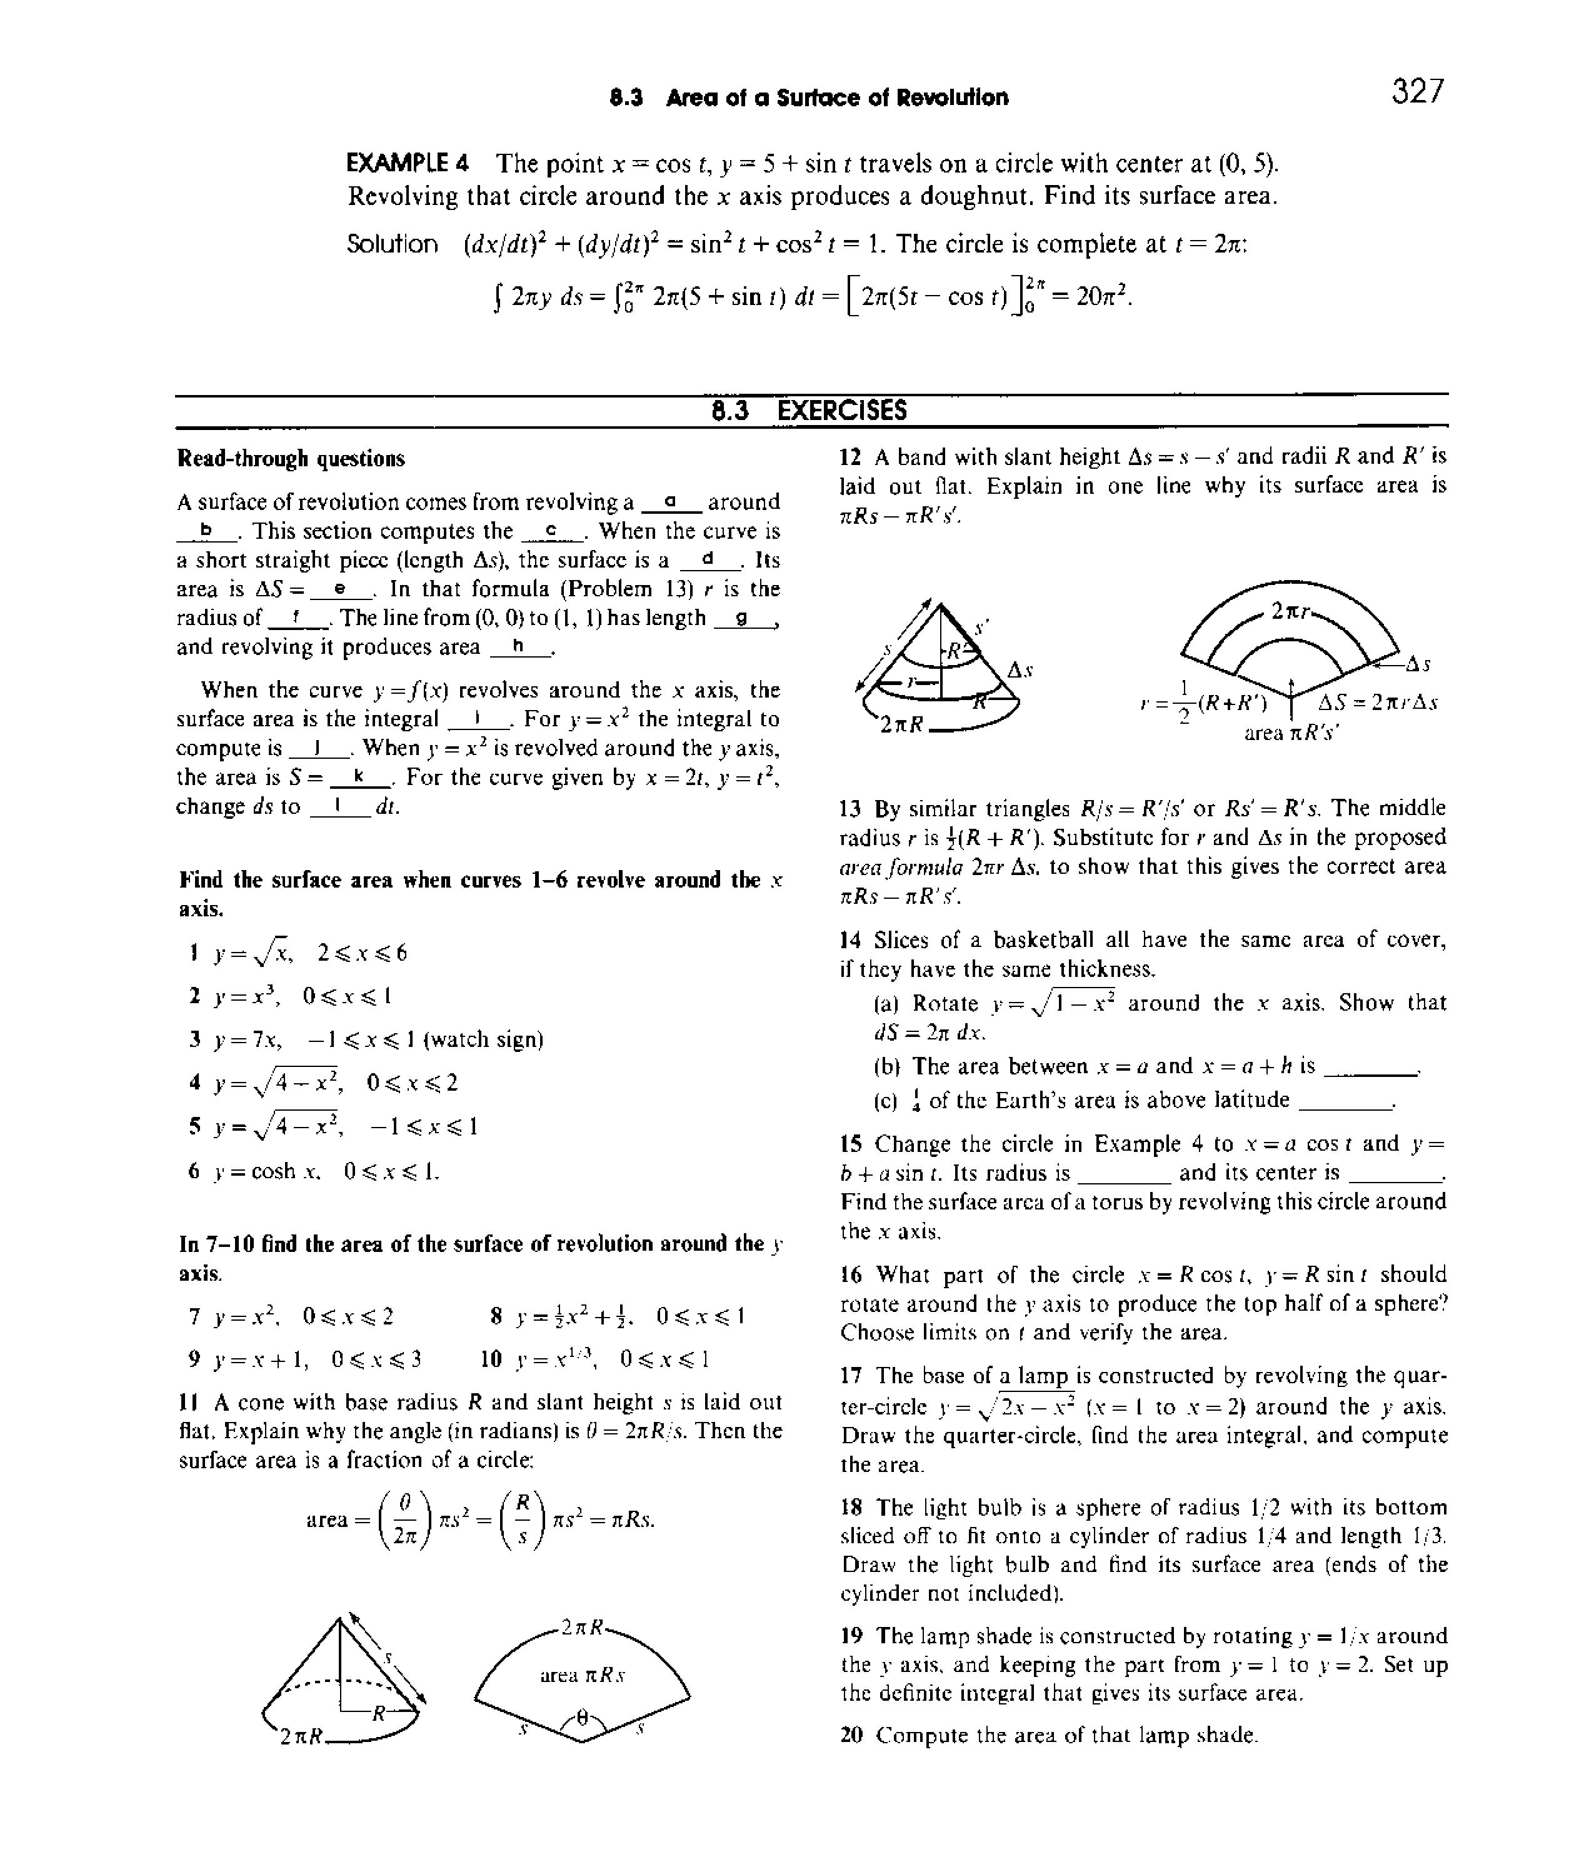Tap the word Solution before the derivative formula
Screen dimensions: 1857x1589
(393, 244)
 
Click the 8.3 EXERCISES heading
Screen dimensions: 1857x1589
(810, 411)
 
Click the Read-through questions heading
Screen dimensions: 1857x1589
(291, 459)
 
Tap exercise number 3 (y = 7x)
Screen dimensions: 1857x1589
(194, 1039)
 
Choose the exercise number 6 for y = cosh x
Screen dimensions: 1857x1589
(194, 1171)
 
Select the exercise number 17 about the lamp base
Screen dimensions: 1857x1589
(851, 1375)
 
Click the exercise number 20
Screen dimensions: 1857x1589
(851, 1735)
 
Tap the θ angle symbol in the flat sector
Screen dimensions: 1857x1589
(583, 1719)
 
